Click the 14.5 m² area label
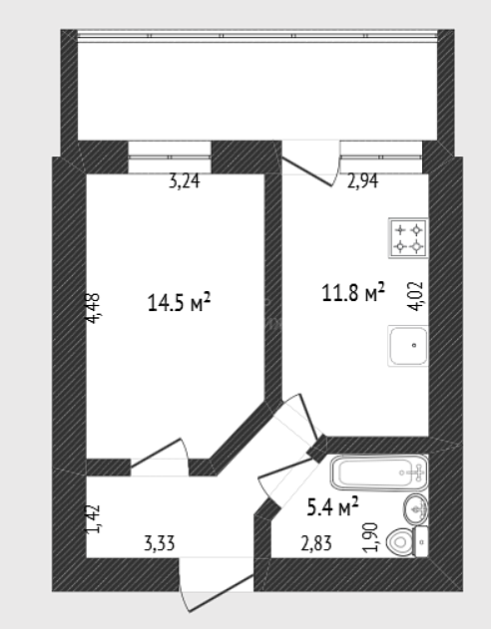[179, 302]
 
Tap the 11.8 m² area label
[353, 292]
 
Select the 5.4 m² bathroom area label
[332, 506]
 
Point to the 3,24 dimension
[185, 181]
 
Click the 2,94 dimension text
[362, 181]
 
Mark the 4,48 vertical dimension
[93, 308]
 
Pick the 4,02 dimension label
[415, 296]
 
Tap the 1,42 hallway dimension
[93, 519]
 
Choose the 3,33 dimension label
[160, 544]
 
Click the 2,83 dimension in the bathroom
[316, 544]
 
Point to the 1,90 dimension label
[370, 537]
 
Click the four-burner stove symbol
[408, 238]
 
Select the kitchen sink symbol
[408, 345]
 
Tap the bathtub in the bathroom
[379, 472]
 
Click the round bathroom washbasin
[415, 509]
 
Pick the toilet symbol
[407, 541]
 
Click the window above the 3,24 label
[170, 157]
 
